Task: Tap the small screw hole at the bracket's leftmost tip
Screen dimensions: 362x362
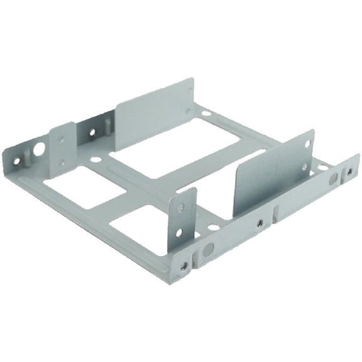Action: click(17, 160)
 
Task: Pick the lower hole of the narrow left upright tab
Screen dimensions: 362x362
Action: click(62, 163)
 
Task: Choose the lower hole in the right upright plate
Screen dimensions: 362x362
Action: click(305, 167)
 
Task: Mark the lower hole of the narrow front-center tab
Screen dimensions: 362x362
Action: click(178, 233)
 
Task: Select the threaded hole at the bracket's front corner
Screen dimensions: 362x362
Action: click(184, 266)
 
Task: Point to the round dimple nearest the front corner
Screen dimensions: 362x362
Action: click(209, 248)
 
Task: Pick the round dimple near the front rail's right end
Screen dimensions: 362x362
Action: click(333, 178)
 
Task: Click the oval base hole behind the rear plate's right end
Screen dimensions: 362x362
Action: click(206, 114)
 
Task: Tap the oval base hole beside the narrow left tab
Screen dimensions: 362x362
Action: click(95, 160)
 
